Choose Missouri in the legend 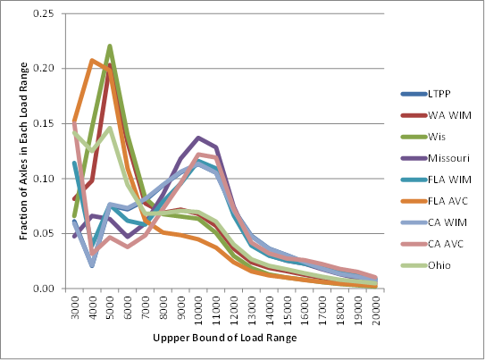coord(448,159)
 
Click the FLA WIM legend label coord(449,180)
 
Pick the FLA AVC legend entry coord(449,203)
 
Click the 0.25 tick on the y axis coord(43,13)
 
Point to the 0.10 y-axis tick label coord(43,179)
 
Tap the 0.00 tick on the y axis coord(43,289)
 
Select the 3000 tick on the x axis coord(74,307)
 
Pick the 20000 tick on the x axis coord(375,310)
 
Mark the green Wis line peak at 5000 coord(110,46)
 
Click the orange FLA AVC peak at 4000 coord(92,60)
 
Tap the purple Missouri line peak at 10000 coord(198,138)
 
